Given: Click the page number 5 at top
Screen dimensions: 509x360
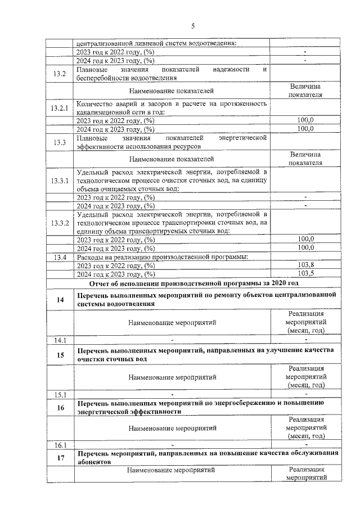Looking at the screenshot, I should click(192, 26).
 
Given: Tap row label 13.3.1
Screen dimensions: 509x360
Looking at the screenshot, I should click(60, 181).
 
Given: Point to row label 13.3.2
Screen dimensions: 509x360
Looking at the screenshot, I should click(60, 223).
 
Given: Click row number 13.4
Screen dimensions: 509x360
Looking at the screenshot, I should click(60, 257).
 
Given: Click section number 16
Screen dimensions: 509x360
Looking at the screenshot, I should click(60, 408).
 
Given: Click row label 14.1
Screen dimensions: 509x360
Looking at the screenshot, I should click(60, 340).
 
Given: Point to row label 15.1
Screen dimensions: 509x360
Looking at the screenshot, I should click(60, 394).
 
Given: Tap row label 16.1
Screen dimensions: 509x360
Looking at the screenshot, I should click(60, 445).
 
